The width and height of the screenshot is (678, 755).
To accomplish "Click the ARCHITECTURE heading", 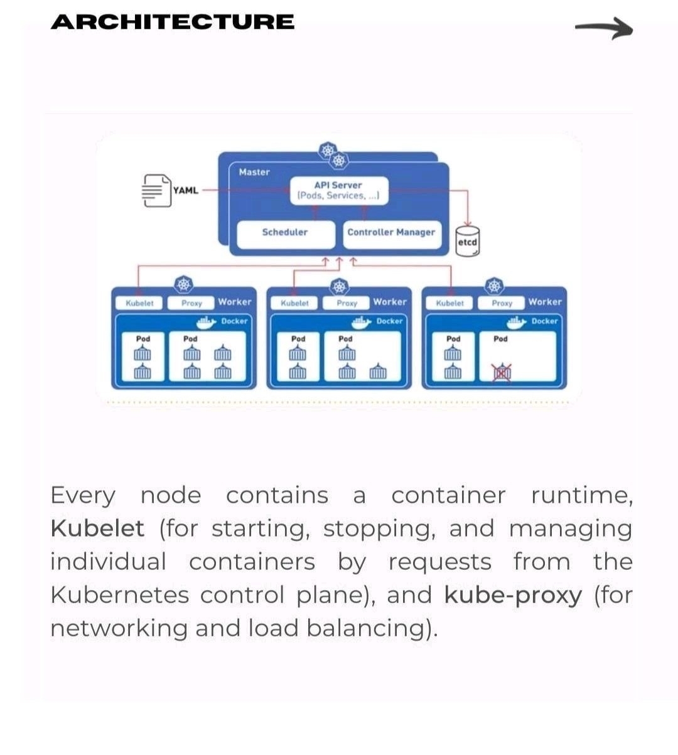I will point(173,22).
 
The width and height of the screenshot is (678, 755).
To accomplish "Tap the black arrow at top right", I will point(603,28).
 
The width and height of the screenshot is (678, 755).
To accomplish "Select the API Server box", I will point(338,190).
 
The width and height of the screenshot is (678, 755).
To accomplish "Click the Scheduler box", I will point(285,232).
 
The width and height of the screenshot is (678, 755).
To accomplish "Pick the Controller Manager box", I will point(391,232).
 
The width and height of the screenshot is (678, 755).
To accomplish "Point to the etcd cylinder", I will point(468,242).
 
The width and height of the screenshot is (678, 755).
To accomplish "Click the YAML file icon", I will point(154,190).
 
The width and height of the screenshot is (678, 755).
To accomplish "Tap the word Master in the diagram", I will point(254,172).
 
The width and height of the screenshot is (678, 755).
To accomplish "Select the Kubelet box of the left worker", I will point(139,303).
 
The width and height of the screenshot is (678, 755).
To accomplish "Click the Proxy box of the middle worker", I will point(347,303).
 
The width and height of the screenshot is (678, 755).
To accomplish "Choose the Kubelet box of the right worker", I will point(449,303).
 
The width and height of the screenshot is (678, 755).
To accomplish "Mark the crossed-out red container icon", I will point(501,373).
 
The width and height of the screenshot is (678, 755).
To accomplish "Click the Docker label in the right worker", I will point(544,321).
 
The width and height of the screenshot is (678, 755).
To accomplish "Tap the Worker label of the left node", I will point(235,302).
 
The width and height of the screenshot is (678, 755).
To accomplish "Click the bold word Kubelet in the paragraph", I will point(97,528).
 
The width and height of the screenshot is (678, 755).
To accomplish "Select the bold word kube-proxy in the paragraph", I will point(513,594).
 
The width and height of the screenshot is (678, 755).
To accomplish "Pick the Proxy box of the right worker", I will point(502,303).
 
